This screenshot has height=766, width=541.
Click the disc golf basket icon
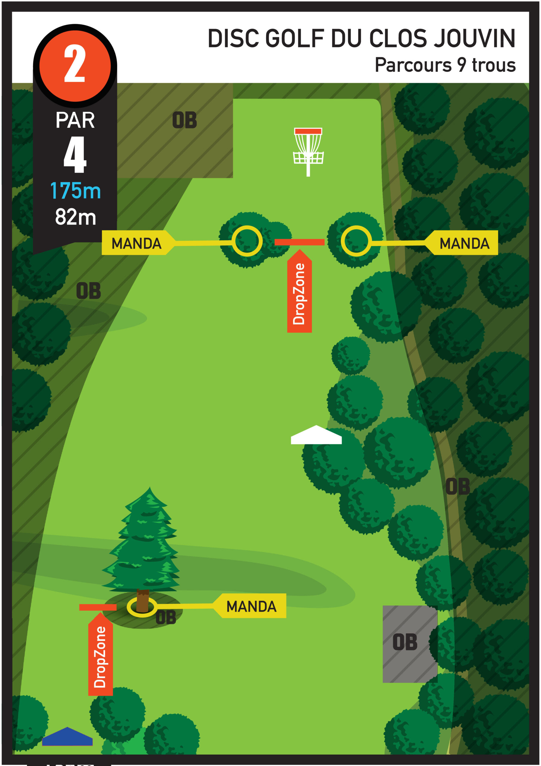pyautogui.click(x=308, y=152)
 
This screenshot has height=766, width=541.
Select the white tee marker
pyautogui.click(x=316, y=435)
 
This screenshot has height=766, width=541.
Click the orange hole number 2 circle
pyautogui.click(x=75, y=66)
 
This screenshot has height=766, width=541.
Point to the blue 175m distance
pyautogui.click(x=75, y=191)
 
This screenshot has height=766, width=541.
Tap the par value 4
pyautogui.click(x=75, y=154)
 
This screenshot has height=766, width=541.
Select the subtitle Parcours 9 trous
pyautogui.click(x=445, y=65)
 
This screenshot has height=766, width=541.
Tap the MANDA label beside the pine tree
pyautogui.click(x=250, y=606)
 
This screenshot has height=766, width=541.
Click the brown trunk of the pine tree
pyautogui.click(x=143, y=601)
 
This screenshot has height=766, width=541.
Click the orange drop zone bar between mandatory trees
pyautogui.click(x=300, y=242)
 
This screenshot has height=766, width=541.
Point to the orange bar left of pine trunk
pyautogui.click(x=98, y=607)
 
